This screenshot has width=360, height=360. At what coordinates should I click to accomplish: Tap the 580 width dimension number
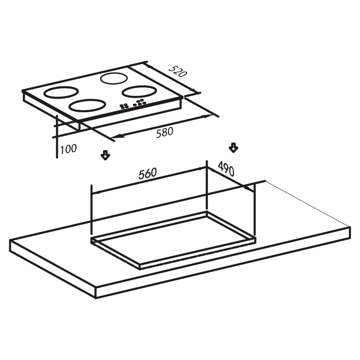(165, 132)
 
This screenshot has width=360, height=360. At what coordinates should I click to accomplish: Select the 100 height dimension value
(68, 149)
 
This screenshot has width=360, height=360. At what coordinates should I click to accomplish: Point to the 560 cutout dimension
(147, 174)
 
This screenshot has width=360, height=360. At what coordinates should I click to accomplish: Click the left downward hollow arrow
(105, 155)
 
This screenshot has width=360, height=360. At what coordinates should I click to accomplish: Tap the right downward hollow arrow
(234, 148)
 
